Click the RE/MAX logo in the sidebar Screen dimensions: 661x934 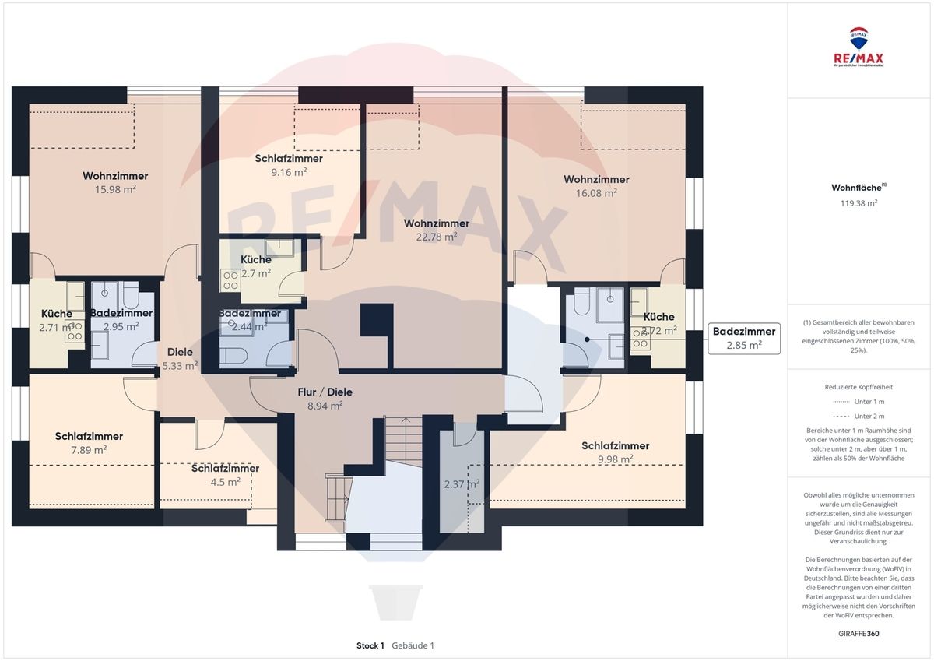(860, 47)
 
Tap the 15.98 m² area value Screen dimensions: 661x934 (115, 189)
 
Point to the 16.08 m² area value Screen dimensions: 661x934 (596, 192)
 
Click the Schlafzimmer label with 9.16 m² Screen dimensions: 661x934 (289, 159)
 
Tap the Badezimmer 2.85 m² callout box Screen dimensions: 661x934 (743, 339)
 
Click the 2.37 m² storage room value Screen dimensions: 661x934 (462, 483)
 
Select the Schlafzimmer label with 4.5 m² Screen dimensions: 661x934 (225, 469)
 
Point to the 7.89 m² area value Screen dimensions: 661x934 (89, 449)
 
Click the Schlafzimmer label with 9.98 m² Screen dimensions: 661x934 (615, 446)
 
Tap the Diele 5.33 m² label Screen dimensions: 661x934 (180, 358)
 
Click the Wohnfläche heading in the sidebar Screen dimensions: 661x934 (856, 188)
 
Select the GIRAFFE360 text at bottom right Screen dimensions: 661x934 (859, 634)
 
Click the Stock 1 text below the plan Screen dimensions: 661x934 (370, 645)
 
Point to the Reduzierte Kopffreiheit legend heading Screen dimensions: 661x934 (859, 386)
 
